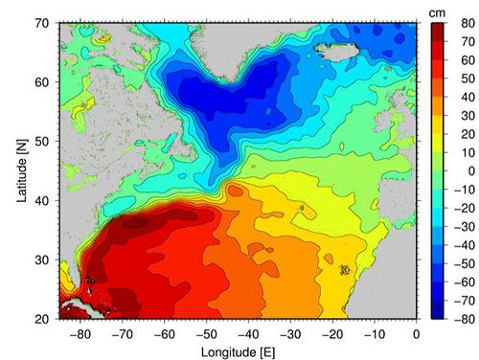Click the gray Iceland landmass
pos(355,46)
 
